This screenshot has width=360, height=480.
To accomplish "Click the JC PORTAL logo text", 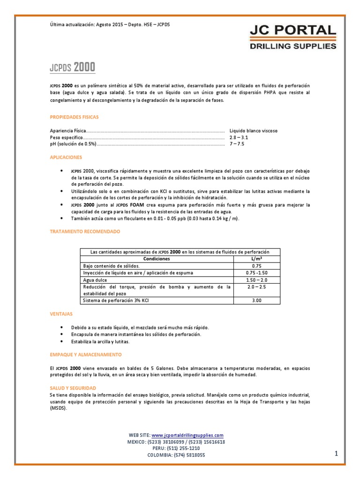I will point(292,32).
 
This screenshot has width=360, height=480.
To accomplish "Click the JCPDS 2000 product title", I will point(72,67).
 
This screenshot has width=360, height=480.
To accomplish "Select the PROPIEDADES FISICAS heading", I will point(74,117).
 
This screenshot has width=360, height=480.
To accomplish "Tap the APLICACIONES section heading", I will point(66,157).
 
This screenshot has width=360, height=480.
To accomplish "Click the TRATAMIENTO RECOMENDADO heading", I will point(85,232).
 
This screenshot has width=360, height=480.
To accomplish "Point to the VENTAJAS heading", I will point(61,313).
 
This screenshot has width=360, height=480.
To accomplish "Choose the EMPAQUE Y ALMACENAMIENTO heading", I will point(85,354).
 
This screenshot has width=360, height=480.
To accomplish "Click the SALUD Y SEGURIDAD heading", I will point(73,388).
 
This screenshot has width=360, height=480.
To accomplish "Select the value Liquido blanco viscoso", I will point(253,131).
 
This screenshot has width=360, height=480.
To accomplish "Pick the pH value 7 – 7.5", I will point(237,144).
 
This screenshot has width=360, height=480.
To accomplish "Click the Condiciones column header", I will point(157,259).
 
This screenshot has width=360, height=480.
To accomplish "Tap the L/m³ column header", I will point(256,259).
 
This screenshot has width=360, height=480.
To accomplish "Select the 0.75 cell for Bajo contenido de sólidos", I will point(256,266).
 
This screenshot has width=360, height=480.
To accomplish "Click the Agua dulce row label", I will point(95,280).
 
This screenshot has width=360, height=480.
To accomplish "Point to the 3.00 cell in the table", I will point(256,300).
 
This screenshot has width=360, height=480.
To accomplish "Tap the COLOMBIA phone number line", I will point(176,455).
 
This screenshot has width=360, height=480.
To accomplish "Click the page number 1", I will point(336,453).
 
